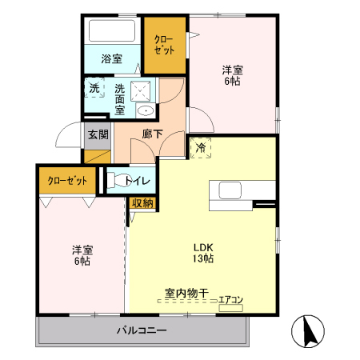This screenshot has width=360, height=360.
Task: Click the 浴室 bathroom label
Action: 111,59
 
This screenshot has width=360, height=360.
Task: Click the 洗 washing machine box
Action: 94,88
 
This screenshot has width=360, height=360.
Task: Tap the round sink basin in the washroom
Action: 145,111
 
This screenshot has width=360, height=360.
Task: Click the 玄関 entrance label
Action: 98,134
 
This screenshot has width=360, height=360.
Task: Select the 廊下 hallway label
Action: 152,134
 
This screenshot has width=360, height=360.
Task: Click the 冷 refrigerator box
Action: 200,147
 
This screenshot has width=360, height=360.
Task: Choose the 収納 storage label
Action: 142,203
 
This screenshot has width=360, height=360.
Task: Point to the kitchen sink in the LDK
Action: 230,190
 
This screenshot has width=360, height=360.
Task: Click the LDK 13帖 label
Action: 202,252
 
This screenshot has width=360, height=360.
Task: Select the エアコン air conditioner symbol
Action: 230,306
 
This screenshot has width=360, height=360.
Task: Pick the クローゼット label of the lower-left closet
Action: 66,180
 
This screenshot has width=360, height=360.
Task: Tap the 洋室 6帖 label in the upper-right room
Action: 233,74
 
